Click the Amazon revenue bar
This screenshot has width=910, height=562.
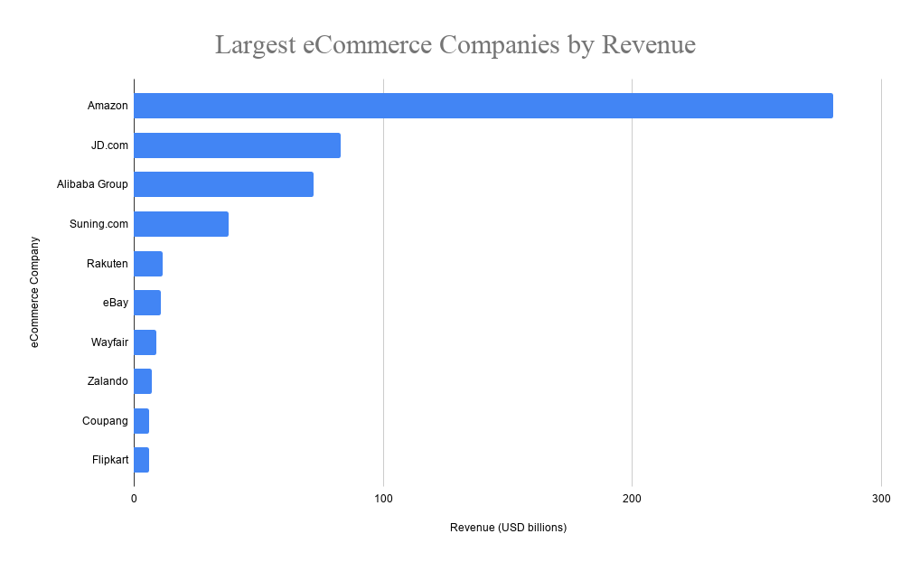(483, 106)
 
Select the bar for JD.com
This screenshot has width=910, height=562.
(238, 145)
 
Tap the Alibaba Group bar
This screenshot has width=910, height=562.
(224, 184)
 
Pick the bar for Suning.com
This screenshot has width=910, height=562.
(182, 224)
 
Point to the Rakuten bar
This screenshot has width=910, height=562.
(148, 264)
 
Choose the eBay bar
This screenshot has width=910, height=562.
(147, 303)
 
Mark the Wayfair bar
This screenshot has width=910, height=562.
(145, 342)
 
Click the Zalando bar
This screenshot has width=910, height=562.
(143, 381)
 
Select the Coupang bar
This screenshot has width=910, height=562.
(142, 421)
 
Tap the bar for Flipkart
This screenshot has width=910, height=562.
(142, 460)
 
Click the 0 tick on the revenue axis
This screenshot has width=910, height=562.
(135, 499)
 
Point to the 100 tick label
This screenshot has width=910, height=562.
(383, 499)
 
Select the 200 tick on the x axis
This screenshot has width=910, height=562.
(632, 499)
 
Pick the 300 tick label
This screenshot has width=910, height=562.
(881, 499)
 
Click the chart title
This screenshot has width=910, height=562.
(455, 44)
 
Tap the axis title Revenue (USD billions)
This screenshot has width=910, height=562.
(508, 528)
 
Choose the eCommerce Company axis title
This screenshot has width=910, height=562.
(35, 292)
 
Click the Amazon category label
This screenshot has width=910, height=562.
(108, 106)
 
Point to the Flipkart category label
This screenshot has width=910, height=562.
(110, 460)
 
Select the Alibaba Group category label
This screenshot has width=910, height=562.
(92, 184)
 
